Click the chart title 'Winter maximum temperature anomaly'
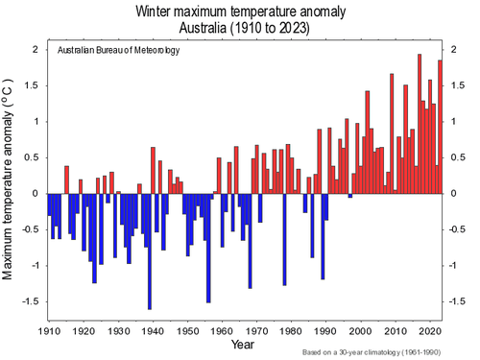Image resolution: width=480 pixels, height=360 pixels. tap(241, 11)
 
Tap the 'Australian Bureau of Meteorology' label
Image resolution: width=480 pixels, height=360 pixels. tap(118, 51)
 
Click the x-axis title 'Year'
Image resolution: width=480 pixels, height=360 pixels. tap(242, 344)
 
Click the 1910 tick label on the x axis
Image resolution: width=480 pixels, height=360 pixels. tap(49, 329)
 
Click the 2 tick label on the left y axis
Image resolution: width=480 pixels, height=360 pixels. tap(36, 49)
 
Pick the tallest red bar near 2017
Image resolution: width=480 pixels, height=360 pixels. tap(420, 125)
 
